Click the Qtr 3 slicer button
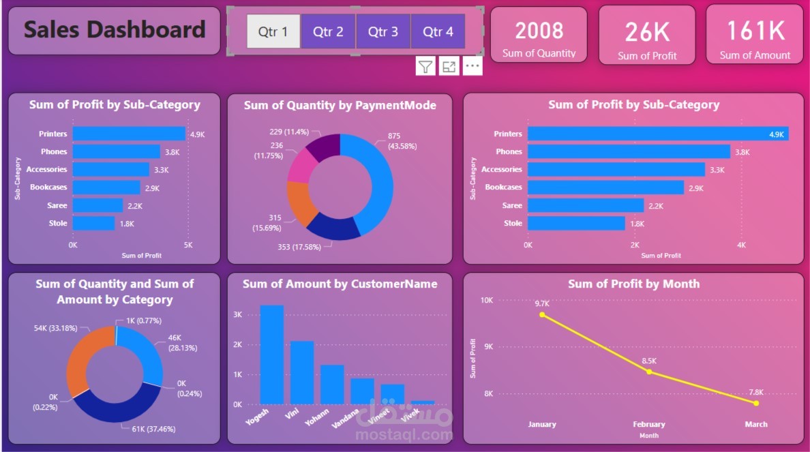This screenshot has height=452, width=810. click(x=382, y=31)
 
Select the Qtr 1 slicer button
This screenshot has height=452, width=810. click(x=273, y=31)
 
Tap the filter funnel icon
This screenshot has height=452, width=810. click(x=425, y=66)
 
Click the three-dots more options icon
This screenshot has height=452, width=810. click(x=472, y=66)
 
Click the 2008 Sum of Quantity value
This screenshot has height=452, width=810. click(x=539, y=31)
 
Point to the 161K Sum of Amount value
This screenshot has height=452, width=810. click(x=755, y=31)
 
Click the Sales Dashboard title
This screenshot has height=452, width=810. click(x=115, y=29)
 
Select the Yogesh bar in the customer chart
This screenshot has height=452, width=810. click(x=272, y=355)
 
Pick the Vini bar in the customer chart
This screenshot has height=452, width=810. click(x=302, y=372)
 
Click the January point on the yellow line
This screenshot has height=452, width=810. click(x=542, y=314)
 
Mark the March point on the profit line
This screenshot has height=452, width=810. click(x=756, y=403)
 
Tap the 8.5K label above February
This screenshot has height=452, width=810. click(x=648, y=361)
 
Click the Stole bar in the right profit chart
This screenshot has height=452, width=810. click(x=576, y=223)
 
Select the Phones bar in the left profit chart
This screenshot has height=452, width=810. click(x=116, y=151)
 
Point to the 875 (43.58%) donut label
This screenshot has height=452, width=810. click(x=402, y=141)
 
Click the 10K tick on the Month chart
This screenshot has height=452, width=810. click(x=486, y=300)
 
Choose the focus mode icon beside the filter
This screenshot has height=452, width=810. click(x=449, y=66)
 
